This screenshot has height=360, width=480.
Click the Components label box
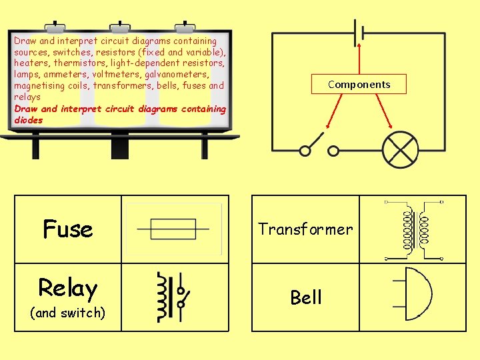click(359, 84)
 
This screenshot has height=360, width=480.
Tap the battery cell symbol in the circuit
click(360, 33)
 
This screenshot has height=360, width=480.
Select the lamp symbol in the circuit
click(399, 150)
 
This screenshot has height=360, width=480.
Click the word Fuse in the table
click(67, 229)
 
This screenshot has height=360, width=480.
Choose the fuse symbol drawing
click(173, 229)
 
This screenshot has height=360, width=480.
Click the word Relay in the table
click(67, 288)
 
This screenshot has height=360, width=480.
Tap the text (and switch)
click(67, 313)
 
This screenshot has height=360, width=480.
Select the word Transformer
click(305, 229)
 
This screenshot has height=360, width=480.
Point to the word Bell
click(306, 297)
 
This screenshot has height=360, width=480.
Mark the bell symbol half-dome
click(417, 294)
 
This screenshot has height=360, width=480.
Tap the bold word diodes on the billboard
click(28, 120)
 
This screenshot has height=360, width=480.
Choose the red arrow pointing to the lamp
click(383, 110)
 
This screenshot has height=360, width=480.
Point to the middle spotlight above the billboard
click(121, 27)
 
